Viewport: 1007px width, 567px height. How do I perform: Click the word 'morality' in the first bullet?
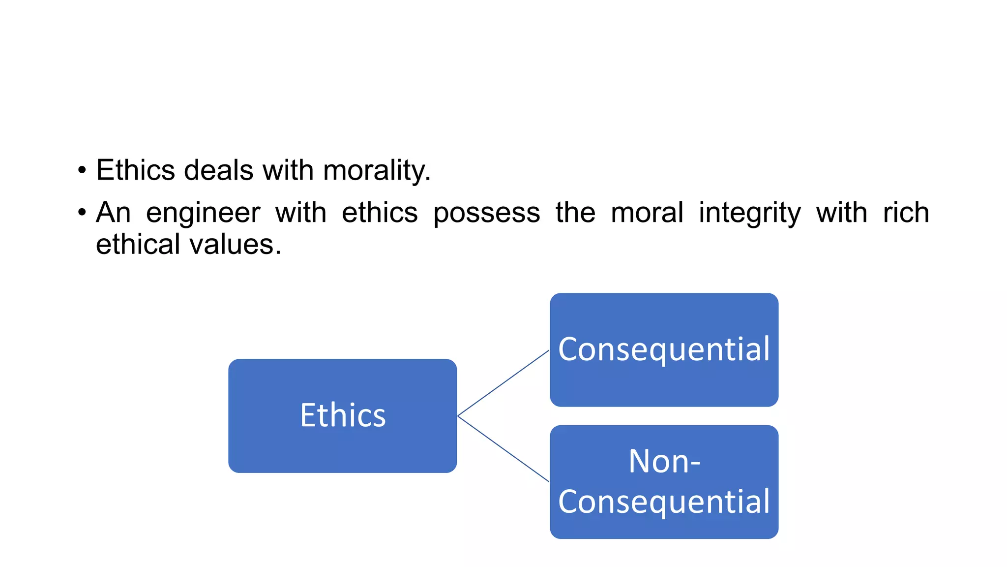[x=376, y=171]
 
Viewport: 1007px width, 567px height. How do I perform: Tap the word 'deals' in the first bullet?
[x=219, y=170]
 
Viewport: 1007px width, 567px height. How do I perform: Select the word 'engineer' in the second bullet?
[x=203, y=213]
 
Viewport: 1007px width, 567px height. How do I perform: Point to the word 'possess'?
[x=486, y=213]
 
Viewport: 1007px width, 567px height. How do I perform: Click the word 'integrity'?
[x=749, y=213]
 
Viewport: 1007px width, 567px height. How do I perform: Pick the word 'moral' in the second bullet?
[x=647, y=213]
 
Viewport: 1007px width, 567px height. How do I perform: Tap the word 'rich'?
[x=906, y=213]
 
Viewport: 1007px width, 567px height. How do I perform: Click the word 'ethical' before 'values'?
[x=138, y=245]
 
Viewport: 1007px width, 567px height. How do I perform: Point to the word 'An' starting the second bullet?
[x=113, y=213]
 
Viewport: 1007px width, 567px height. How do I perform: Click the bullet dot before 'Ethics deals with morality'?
[x=82, y=171]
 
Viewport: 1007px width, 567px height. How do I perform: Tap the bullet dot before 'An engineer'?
[x=82, y=214]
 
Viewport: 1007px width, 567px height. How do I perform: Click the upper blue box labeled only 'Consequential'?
[x=664, y=384]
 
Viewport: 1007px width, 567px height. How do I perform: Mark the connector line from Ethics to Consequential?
[x=503, y=383]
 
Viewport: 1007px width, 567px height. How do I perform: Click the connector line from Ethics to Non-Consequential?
[x=503, y=449]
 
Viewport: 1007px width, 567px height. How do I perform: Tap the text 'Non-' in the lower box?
[x=664, y=462]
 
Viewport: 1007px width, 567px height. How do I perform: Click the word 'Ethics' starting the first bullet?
[x=135, y=170]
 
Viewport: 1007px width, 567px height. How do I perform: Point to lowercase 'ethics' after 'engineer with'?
[x=380, y=213]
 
